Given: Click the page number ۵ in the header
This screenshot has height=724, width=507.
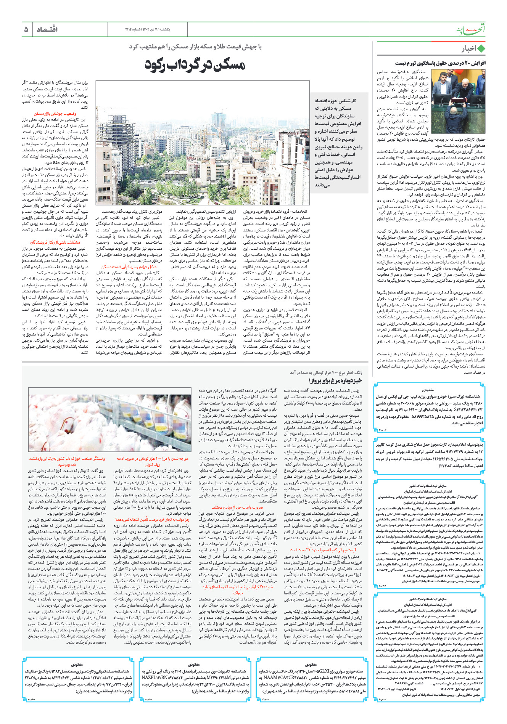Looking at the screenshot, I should click(26, 29).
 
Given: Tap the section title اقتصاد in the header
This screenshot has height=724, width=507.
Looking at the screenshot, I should click(47, 29).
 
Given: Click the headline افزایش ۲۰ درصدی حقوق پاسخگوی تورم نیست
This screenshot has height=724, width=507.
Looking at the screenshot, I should click(440, 63).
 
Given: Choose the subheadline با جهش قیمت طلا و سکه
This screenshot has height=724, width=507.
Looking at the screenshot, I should click(195, 47).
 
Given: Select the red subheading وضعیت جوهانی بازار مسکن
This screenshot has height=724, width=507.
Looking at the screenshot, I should click(55, 114).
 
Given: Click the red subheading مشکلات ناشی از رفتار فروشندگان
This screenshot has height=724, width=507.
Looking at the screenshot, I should click(55, 242).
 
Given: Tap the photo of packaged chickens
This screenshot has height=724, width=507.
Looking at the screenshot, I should click(110, 423).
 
